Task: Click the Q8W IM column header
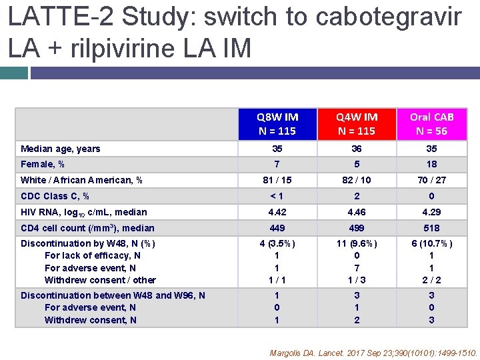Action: tap(277, 123)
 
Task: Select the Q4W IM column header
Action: tap(357, 123)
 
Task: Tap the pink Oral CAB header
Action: tap(431, 123)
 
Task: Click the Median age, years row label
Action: tap(61, 149)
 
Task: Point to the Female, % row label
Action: tap(43, 164)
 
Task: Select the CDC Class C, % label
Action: tap(55, 196)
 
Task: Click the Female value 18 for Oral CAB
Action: tap(431, 164)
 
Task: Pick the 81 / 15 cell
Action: tap(277, 180)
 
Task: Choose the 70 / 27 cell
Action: tap(431, 180)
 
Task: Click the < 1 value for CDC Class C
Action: tap(277, 196)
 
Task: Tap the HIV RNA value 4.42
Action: tap(277, 212)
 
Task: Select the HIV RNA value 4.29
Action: tap(431, 212)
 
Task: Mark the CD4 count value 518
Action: tap(431, 228)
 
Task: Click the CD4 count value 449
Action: tap(277, 228)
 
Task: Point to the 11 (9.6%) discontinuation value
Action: tap(357, 243)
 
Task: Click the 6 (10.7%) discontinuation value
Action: tap(431, 243)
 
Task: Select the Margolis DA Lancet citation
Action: tap(373, 353)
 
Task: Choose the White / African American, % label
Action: tap(82, 180)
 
